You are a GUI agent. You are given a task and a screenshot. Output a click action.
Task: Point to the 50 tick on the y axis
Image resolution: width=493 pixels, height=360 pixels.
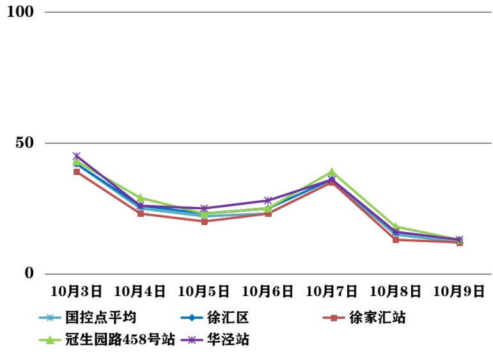click(24, 143)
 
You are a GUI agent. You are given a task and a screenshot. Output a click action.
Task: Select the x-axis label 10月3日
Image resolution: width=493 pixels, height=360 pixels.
click(76, 292)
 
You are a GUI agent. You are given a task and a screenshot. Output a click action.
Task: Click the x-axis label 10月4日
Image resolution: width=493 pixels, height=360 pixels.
click(140, 292)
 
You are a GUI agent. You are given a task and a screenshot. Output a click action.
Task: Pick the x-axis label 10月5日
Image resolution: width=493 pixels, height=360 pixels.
click(204, 292)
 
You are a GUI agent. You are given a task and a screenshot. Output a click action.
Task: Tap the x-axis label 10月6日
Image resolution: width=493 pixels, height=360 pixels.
click(268, 292)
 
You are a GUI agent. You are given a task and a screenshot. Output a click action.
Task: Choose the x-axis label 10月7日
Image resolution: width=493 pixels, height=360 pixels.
click(332, 292)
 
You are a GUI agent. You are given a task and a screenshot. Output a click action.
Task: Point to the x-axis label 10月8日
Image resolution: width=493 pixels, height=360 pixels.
click(396, 292)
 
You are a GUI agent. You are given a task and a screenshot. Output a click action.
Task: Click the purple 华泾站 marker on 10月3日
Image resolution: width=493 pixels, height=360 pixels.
click(76, 156)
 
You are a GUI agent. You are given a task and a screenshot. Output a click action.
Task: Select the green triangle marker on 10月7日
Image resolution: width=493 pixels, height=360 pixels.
click(332, 171)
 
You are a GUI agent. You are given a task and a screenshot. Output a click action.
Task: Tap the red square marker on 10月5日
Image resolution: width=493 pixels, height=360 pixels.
click(204, 221)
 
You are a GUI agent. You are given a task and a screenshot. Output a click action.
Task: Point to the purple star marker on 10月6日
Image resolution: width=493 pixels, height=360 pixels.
click(268, 200)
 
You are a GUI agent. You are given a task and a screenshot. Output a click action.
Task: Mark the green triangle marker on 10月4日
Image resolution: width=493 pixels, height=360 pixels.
click(140, 198)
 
